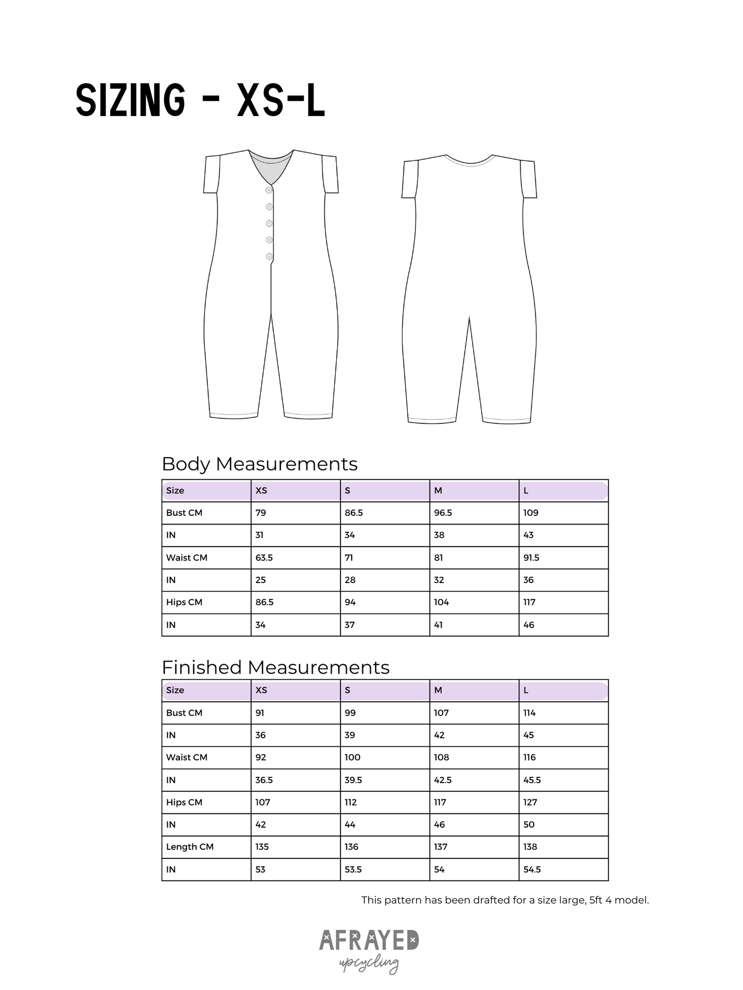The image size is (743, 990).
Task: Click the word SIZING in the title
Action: (x=130, y=100)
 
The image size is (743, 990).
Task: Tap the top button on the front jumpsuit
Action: (x=269, y=190)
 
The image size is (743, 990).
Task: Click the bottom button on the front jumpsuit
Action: (x=269, y=256)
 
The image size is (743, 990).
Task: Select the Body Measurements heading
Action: (x=259, y=464)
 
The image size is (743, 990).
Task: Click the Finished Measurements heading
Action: (x=275, y=667)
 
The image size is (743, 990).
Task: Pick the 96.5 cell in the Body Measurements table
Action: (x=443, y=513)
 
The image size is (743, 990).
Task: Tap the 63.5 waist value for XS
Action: (x=264, y=557)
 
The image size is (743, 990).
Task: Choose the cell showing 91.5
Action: (x=531, y=557)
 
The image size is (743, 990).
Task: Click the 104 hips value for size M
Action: (x=441, y=602)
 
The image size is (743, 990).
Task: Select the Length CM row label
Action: (x=190, y=847)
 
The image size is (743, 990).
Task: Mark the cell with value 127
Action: (x=530, y=802)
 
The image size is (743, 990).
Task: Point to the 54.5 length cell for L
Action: (x=532, y=869)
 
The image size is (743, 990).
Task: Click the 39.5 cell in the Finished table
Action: (x=353, y=780)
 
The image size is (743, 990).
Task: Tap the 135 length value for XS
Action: (x=262, y=847)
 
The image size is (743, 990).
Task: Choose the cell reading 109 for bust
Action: (x=531, y=513)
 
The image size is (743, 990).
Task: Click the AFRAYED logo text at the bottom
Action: (x=369, y=940)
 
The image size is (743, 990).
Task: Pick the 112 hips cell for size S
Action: (x=351, y=802)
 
